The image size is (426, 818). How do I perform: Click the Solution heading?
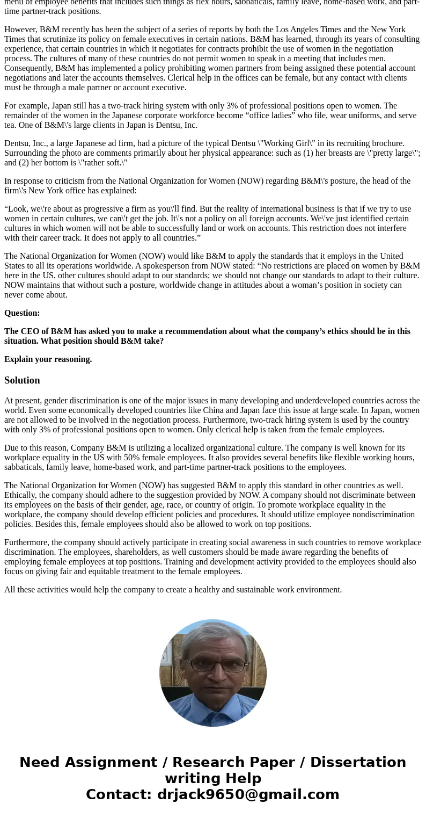coord(22,380)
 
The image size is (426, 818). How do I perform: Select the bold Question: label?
coord(22,313)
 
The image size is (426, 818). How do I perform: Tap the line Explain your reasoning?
coord(48,359)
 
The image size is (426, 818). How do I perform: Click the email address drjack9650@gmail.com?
coord(248,794)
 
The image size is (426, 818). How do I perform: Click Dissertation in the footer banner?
coord(358,762)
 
